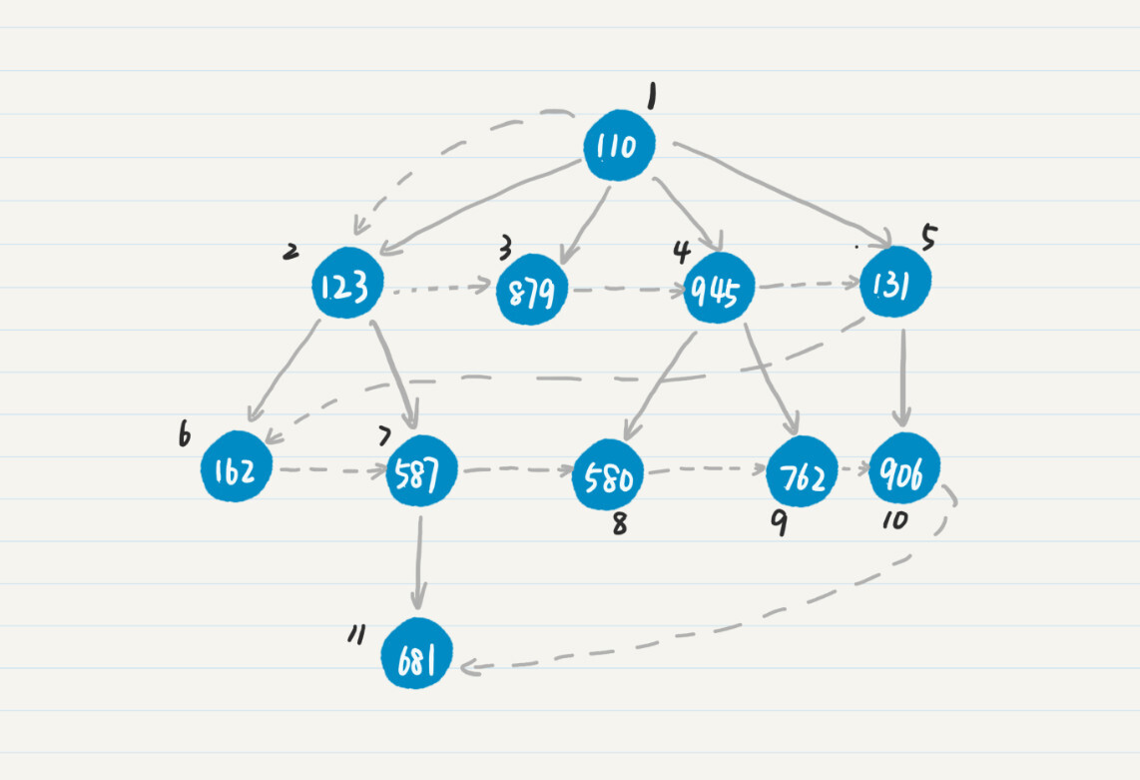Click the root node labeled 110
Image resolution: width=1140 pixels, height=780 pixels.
coord(619,147)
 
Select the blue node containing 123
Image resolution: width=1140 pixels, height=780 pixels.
coord(345,285)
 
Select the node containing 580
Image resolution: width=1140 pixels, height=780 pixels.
coord(608,477)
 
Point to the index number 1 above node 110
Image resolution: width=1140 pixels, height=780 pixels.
coord(652,96)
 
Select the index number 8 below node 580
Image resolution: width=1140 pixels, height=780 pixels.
coord(620,523)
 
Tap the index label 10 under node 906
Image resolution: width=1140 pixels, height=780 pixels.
coord(894,519)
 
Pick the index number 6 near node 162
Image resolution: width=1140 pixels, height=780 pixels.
coord(184,436)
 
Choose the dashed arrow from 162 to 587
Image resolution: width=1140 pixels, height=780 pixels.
coord(329,469)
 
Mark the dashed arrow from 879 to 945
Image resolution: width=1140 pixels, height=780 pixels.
coord(626,291)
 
